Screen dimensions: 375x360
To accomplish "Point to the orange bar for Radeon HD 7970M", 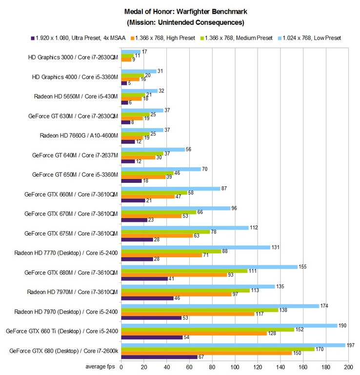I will (x=176, y=294).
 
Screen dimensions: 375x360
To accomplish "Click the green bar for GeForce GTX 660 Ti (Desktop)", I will (x=207, y=329).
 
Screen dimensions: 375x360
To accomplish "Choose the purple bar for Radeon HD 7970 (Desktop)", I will (x=151, y=318).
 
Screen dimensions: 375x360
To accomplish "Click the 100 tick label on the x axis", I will (x=235, y=367).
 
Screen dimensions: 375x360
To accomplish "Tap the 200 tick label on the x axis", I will (x=348, y=367).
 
